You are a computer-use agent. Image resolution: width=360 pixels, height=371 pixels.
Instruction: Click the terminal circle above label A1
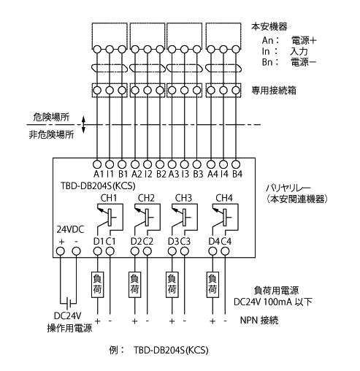tap(97, 164)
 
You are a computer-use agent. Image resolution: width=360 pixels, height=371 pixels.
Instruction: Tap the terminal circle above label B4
tap(236, 164)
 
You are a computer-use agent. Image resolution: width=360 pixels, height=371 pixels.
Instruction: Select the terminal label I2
tap(148, 174)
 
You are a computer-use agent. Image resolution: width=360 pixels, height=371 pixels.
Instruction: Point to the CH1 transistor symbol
tap(110, 218)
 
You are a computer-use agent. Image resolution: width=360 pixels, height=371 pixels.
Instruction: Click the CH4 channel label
tap(224, 198)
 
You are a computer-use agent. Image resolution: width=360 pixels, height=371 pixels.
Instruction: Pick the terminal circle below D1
tap(97, 251)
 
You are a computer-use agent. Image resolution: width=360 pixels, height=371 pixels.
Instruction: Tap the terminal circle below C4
tap(226, 251)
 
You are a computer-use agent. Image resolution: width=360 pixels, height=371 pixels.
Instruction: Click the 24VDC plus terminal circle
tap(61, 251)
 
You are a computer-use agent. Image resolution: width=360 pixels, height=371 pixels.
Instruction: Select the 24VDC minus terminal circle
tap(77, 251)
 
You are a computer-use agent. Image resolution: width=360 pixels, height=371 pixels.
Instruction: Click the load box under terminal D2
tap(134, 285)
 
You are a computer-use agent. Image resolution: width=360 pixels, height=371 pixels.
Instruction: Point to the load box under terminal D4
tap(212, 285)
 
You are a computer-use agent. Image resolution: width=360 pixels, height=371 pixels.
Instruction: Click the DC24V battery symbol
tap(69, 303)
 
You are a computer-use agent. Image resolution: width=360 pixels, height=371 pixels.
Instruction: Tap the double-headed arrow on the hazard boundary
tap(83, 125)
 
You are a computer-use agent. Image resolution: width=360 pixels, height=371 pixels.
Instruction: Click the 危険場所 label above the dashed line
tap(51, 118)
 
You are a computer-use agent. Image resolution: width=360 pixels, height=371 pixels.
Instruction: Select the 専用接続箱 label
tap(274, 91)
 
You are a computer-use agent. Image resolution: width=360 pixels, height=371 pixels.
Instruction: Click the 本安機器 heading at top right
tap(269, 26)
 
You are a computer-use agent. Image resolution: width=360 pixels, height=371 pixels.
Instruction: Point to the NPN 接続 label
tap(259, 320)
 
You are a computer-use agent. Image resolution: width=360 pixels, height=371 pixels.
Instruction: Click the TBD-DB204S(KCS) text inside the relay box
tap(98, 186)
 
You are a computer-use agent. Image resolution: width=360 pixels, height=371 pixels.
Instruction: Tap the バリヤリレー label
tap(288, 188)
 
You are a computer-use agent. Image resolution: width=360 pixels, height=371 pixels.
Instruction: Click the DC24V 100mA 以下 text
tap(273, 302)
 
